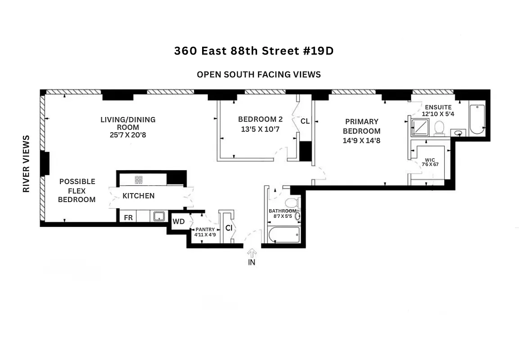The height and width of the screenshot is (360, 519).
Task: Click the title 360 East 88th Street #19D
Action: [x=254, y=51]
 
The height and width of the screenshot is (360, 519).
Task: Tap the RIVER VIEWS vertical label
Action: [x=27, y=163]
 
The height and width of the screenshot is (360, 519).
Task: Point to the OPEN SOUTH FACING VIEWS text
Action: [x=259, y=74]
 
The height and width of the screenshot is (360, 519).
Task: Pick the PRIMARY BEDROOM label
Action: [x=361, y=126]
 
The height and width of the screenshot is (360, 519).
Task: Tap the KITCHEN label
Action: [x=139, y=196]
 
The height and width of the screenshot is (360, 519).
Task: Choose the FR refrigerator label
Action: [x=128, y=218]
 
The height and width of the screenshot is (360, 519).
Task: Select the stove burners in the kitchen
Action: [x=139, y=180]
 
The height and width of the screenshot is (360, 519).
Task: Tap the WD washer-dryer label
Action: [x=179, y=221]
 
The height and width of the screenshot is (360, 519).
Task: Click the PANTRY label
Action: [x=205, y=229]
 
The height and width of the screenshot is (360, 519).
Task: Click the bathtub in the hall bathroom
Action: [x=283, y=234]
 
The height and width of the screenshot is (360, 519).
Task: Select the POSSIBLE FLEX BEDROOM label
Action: [x=77, y=190]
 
